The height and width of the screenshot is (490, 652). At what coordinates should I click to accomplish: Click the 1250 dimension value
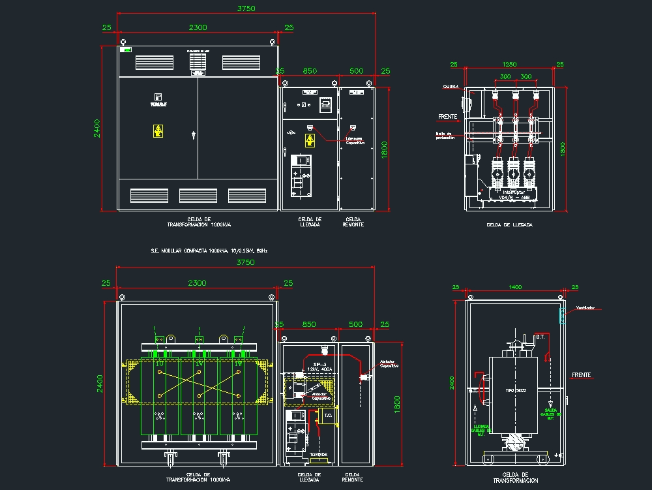pos(509,64)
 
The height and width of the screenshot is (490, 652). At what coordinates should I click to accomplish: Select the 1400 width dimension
pos(515,286)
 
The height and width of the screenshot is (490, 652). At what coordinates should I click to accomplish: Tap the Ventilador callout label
pos(585,308)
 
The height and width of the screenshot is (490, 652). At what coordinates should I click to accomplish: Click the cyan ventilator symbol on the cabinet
pos(561,316)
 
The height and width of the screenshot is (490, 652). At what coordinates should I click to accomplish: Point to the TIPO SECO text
pos(515,390)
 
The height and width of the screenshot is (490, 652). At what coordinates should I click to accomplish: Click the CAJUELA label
pos(451,86)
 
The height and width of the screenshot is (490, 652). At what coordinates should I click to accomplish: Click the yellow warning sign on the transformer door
pos(158,130)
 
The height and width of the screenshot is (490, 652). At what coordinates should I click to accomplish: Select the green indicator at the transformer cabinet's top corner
pos(127,49)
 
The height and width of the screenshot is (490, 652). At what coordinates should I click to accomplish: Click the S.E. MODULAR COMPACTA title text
pos(209,250)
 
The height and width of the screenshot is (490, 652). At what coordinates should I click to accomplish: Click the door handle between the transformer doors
pos(194,135)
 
